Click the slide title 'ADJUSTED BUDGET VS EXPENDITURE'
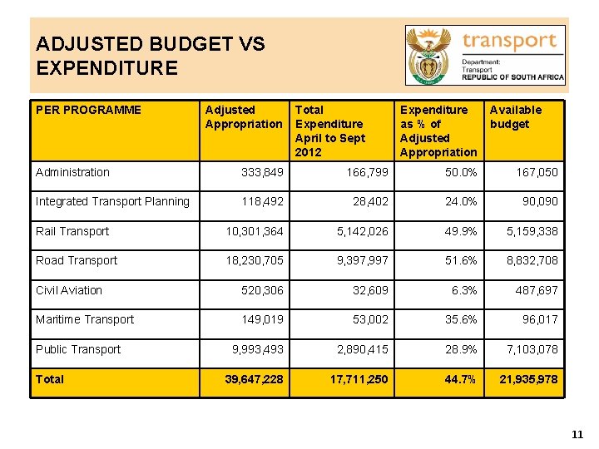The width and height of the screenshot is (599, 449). (150, 56)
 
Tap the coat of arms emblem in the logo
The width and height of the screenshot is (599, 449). (430, 55)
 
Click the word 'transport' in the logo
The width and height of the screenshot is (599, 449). (509, 41)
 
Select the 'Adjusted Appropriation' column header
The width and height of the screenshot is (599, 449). (244, 116)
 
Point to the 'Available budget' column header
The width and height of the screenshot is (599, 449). (515, 116)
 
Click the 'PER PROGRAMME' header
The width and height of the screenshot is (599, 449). (88, 110)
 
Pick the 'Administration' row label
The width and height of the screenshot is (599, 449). (72, 172)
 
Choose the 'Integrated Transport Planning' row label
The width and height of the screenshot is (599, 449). (112, 201)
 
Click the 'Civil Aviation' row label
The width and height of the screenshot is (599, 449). (69, 290)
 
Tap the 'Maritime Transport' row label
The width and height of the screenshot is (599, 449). (84, 319)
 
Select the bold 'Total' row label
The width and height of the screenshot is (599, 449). (50, 379)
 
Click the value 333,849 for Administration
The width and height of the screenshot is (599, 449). (262, 172)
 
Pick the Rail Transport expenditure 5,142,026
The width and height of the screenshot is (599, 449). (362, 231)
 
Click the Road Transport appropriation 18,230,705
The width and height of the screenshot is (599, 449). (255, 260)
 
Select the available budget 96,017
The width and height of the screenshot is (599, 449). (540, 319)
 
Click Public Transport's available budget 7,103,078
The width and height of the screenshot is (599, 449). (532, 349)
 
